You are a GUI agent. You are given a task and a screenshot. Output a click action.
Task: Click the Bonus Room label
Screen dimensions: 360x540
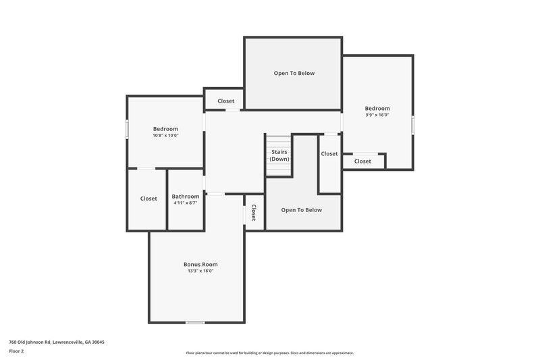pos(200,264)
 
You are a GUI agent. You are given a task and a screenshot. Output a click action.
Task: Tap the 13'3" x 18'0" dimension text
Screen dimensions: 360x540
pos(200,271)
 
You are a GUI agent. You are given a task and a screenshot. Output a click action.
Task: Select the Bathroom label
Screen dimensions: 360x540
pos(186,197)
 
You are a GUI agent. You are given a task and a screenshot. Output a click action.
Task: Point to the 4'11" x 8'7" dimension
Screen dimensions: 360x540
pos(186,203)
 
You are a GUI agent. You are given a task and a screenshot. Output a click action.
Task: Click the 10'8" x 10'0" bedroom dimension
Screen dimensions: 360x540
pos(165,135)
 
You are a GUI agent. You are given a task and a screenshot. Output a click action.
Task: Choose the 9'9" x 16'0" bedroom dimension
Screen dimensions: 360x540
pos(377,115)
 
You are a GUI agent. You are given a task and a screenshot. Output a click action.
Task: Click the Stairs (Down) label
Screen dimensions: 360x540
pos(279,155)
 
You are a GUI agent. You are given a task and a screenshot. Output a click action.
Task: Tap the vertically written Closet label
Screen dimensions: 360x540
pos(254,213)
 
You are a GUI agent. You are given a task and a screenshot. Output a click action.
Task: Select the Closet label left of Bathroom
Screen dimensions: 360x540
pos(148,199)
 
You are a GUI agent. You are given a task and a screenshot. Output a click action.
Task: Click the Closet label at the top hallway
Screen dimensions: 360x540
pos(226,101)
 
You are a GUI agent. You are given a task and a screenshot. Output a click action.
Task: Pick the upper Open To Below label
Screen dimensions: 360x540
pos(294,73)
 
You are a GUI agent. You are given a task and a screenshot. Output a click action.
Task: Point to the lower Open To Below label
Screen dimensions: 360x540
pos(302,210)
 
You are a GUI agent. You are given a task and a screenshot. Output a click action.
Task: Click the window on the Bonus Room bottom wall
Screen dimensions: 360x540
pos(195,322)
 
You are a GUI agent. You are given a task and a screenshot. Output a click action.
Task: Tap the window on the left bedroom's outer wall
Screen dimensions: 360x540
pos(127,129)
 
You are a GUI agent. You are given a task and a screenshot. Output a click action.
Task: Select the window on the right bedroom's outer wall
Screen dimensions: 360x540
pos(412,126)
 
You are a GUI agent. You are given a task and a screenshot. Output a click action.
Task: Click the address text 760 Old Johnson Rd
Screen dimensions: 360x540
pos(57,342)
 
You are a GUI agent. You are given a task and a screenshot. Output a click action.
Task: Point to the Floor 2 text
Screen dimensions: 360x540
pos(16,351)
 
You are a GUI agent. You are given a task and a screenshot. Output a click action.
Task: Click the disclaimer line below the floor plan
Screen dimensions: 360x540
pos(269,353)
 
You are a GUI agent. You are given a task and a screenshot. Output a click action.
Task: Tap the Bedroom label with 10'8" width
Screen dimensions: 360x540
pos(165,129)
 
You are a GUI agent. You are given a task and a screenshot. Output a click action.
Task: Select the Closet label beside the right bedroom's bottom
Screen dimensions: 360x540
pos(362,161)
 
